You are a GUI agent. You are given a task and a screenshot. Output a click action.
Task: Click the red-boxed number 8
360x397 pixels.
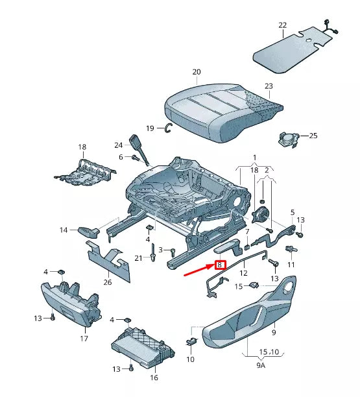pos(220,265)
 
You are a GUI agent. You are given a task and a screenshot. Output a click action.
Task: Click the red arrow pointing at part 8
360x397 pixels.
pos(198,271)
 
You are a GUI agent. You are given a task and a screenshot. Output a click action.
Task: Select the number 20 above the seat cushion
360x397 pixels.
pos(197,72)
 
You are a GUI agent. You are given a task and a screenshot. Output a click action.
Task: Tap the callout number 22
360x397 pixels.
pos(282,25)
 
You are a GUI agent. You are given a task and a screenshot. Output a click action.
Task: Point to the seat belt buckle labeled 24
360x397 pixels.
pos(138,143)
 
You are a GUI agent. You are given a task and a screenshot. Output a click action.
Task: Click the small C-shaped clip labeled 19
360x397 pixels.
pos(167,128)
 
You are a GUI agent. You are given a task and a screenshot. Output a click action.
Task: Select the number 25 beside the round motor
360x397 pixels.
pos(313,136)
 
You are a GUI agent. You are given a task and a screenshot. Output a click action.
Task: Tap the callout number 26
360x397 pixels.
pos(107,281)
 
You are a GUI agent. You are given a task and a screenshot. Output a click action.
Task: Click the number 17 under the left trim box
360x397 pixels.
pos(84,339)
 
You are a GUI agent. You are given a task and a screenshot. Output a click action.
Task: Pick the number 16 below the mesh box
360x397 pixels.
pos(154,377)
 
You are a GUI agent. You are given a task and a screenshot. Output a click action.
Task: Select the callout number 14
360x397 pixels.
pos(64,230)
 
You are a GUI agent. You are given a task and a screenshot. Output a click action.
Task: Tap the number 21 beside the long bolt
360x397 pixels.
pos(138,258)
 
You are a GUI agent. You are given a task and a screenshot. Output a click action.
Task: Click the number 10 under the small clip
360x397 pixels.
pos(190,359)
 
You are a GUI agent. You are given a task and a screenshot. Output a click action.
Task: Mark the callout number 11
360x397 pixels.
pos(291,265)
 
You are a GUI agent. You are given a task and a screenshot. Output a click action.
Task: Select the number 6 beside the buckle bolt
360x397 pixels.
pos(121,157)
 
